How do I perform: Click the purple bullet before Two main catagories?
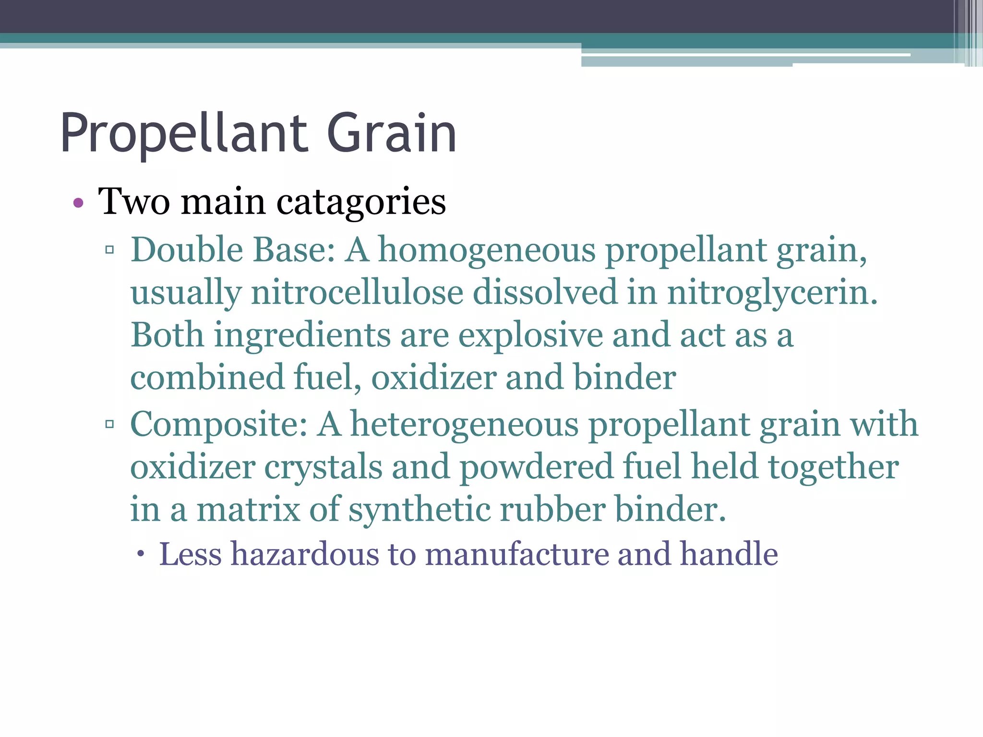(x=78, y=203)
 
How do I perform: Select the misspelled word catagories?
(x=361, y=202)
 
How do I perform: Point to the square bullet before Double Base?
(x=110, y=250)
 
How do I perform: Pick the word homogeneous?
(x=487, y=251)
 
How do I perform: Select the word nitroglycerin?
(x=772, y=293)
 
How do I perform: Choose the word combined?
(x=207, y=377)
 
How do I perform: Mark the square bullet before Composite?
(x=110, y=424)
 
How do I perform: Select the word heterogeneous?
(x=465, y=425)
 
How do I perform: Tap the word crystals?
(x=323, y=467)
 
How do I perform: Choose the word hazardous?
(x=305, y=554)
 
